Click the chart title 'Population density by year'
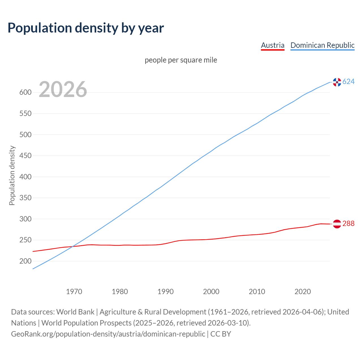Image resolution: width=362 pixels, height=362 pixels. pos(86,28)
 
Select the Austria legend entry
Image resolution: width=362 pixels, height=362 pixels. pos(272,45)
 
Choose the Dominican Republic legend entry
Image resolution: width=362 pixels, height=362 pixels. pos(322,45)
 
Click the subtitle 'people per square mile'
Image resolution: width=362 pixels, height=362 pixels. pos(181,60)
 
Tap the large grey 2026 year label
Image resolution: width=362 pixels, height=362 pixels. pos(63,89)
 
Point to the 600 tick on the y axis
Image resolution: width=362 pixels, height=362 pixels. pos(25,92)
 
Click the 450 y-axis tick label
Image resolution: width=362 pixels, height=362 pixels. pos(25,156)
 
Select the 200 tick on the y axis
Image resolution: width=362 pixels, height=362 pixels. pos(25,261)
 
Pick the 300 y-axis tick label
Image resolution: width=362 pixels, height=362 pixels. pos(25,219)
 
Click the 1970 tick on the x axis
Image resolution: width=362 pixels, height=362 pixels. pos(74,292)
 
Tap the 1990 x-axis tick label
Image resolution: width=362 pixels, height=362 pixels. pos(165,292)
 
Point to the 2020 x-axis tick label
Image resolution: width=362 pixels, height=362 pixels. pos(303,292)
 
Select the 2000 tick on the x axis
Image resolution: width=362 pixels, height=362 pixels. pos(211,292)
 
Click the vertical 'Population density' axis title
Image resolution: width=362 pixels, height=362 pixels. pos(12,175)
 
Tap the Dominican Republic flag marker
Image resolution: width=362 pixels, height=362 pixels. pos(337,82)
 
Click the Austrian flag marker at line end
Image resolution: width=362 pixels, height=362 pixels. pos(337,224)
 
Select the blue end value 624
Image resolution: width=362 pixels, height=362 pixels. pos(348,82)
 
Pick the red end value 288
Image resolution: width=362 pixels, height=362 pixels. pos(348,224)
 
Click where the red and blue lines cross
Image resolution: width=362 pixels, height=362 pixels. pos(72,247)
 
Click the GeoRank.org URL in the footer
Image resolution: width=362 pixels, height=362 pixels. pos(108,334)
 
